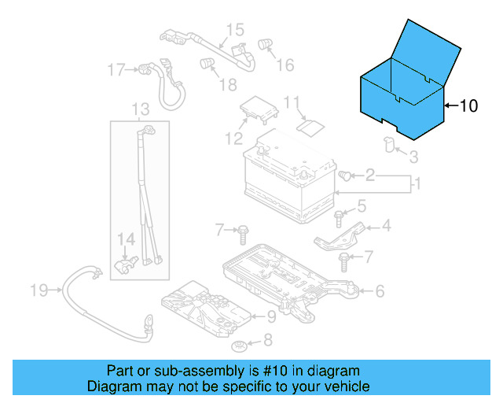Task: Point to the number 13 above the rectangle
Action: coord(140,109)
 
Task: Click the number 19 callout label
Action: coord(39,291)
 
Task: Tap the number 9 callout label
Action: coord(270,317)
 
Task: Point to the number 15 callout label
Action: coord(236,31)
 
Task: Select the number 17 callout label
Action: coord(116,70)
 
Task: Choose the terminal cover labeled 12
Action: coord(259,109)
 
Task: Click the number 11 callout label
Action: coord(292,102)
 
